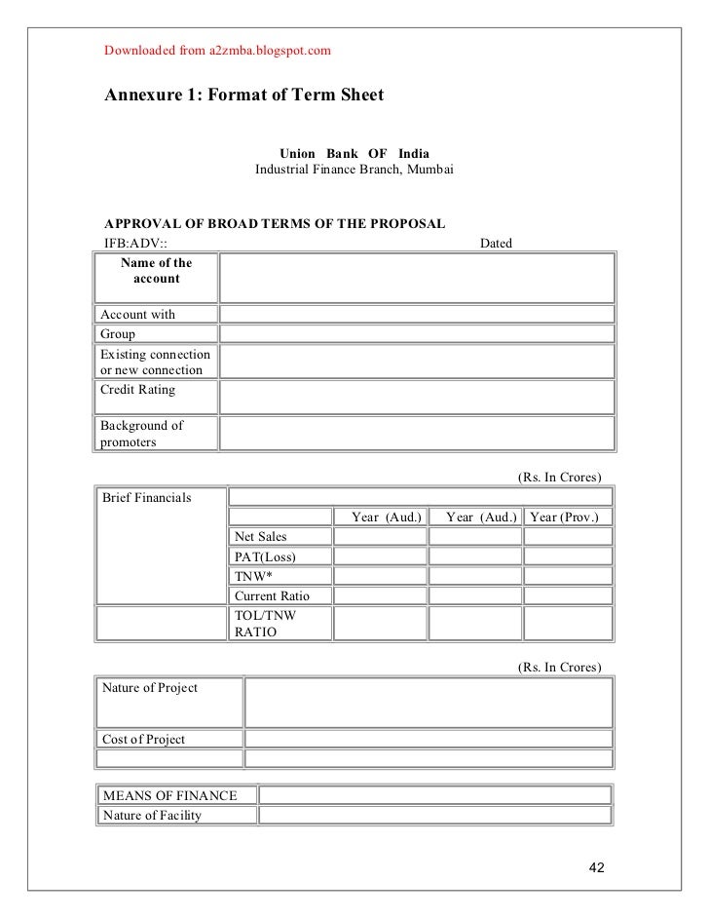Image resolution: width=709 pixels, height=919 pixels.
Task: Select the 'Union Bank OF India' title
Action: [x=354, y=154]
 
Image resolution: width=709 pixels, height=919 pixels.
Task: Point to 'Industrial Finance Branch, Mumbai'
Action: [x=354, y=171]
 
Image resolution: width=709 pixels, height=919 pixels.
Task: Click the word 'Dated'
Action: [x=497, y=243]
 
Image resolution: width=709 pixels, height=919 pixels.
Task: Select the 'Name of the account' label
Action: [x=156, y=270]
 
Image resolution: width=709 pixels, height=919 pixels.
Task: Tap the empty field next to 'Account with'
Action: [x=417, y=314]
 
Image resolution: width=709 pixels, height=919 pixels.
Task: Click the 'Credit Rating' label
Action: [x=138, y=390]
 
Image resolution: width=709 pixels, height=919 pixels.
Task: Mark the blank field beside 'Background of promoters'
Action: [x=417, y=432]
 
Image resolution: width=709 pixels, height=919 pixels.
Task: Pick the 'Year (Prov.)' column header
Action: [x=569, y=517]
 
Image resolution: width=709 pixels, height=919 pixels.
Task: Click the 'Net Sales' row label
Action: [x=260, y=538]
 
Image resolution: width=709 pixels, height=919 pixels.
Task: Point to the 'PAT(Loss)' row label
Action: [x=264, y=557]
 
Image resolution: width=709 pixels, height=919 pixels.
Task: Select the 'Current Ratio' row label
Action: [x=269, y=595]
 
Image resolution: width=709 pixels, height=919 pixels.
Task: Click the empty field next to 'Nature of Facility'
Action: [x=434, y=815]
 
